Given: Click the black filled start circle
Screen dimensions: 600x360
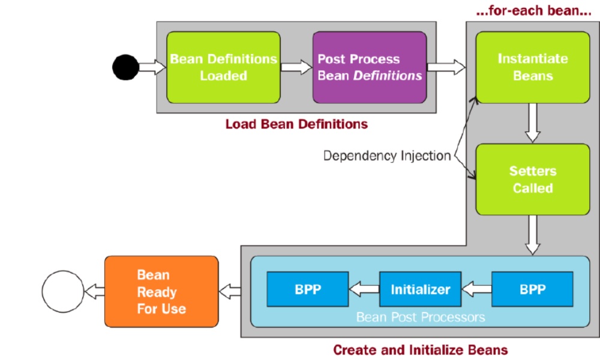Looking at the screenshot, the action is [x=125, y=67].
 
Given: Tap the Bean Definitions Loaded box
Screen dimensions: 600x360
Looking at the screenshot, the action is [x=223, y=67].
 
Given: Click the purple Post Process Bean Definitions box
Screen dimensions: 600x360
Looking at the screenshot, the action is [x=370, y=67].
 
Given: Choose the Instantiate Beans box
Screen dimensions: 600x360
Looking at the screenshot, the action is [x=533, y=67].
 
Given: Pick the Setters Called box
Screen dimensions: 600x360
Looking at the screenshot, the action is [x=533, y=179].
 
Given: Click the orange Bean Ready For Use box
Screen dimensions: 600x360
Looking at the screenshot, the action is [x=161, y=292].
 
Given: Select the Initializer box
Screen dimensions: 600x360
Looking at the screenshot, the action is [x=420, y=289].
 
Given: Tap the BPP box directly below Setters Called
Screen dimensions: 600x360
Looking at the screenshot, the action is [x=532, y=289].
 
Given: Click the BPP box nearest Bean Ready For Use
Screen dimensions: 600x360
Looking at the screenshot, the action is [x=308, y=289].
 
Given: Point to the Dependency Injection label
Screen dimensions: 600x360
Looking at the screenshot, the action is [x=387, y=156].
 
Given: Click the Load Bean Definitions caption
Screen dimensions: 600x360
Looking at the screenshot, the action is [x=296, y=124].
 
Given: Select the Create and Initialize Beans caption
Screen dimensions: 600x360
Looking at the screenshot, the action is [x=421, y=350].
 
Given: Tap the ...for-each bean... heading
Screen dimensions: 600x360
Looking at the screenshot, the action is [x=534, y=10].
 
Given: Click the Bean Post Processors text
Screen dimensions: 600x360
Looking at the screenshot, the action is [x=421, y=317].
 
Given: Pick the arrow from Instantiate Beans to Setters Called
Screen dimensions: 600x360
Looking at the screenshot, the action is [x=533, y=123].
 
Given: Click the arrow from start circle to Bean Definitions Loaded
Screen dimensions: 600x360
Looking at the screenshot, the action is [x=152, y=67].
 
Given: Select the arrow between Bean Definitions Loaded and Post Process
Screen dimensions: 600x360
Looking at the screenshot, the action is [x=296, y=67].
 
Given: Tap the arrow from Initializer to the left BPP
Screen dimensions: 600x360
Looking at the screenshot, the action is [x=364, y=289].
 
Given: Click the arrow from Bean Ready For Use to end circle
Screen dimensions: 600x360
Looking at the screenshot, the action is [x=94, y=292].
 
